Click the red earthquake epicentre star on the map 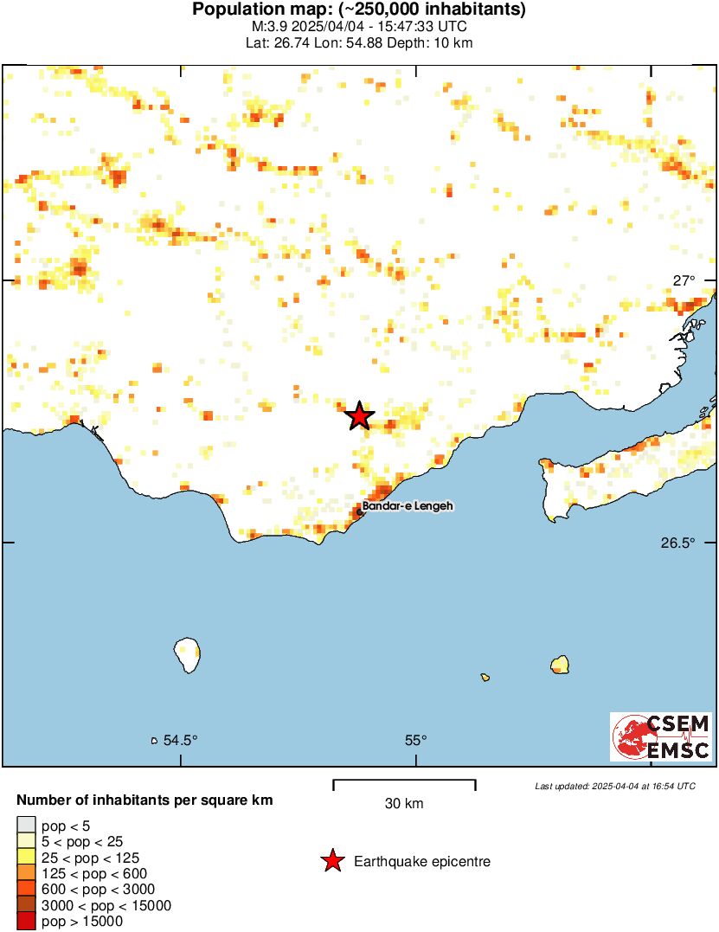click(360, 416)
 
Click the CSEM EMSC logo click(662, 736)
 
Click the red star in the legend click(331, 861)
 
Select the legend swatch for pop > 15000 click(27, 922)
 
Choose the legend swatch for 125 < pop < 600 click(27, 873)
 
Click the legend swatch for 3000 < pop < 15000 click(27, 905)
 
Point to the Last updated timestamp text click(614, 786)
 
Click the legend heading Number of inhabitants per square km click(145, 800)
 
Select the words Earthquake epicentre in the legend click(422, 862)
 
